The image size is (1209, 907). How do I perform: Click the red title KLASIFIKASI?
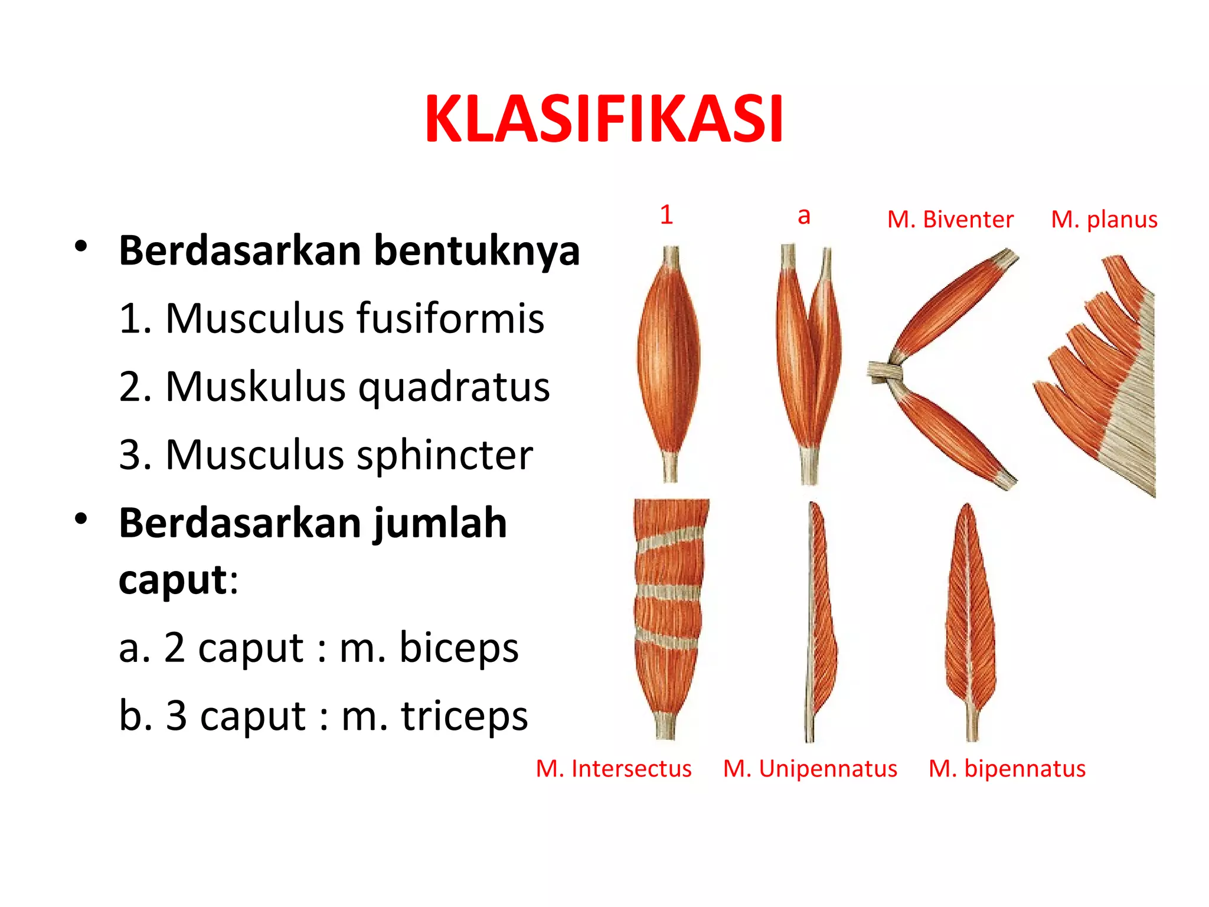[604, 120]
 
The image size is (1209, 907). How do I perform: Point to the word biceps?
[459, 648]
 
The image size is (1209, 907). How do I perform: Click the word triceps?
[465, 716]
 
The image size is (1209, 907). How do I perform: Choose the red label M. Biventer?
[950, 220]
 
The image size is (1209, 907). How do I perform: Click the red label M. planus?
[1104, 220]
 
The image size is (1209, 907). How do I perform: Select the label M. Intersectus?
[613, 769]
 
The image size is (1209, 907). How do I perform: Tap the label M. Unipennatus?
[810, 769]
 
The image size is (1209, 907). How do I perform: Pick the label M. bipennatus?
[1007, 769]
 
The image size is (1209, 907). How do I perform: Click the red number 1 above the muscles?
[666, 215]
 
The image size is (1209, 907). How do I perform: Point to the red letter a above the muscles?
[803, 216]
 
